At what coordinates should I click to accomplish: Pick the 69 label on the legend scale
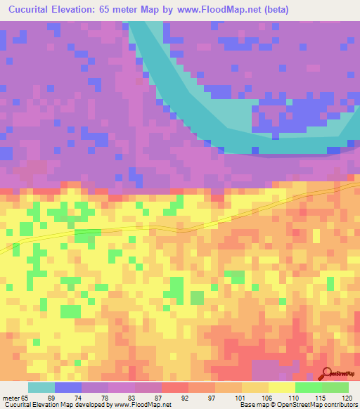coord(51,398)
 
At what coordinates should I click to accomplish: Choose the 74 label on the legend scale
coord(77,398)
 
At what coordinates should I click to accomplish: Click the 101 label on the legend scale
coord(239,398)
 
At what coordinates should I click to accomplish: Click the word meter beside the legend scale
coord(12,398)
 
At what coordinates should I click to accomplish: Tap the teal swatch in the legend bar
coord(41,387)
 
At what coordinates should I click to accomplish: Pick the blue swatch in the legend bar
coord(68,387)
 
